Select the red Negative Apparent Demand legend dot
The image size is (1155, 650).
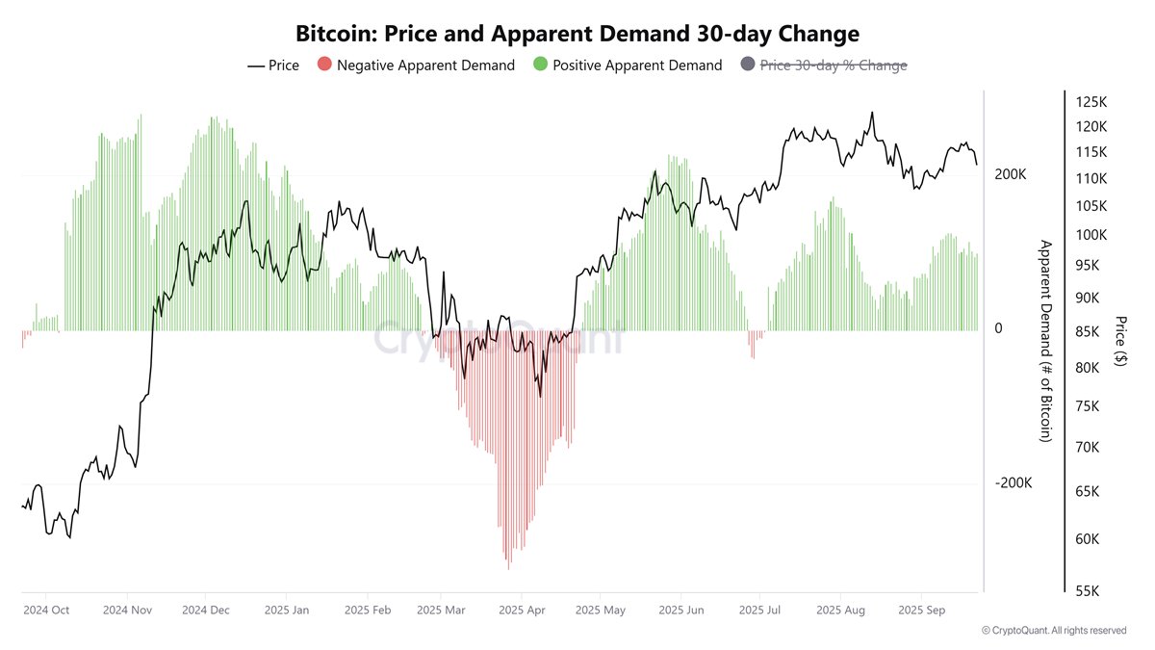click(324, 65)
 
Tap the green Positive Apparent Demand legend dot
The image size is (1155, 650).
click(540, 65)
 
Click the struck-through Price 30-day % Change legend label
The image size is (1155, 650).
click(834, 65)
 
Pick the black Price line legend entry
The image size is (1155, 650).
click(273, 65)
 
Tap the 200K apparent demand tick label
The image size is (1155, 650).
click(1012, 174)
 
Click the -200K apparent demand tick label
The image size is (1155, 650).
click(1014, 483)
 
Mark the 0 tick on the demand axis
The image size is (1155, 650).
click(998, 329)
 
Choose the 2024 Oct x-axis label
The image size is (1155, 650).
click(46, 610)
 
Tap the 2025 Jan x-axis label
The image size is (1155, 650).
click(286, 610)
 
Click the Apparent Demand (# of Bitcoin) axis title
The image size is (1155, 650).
click(1043, 341)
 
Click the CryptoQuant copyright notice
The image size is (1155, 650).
click(1054, 631)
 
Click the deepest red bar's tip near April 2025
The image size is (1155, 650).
click(507, 567)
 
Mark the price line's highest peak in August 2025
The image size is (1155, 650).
click(872, 113)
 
